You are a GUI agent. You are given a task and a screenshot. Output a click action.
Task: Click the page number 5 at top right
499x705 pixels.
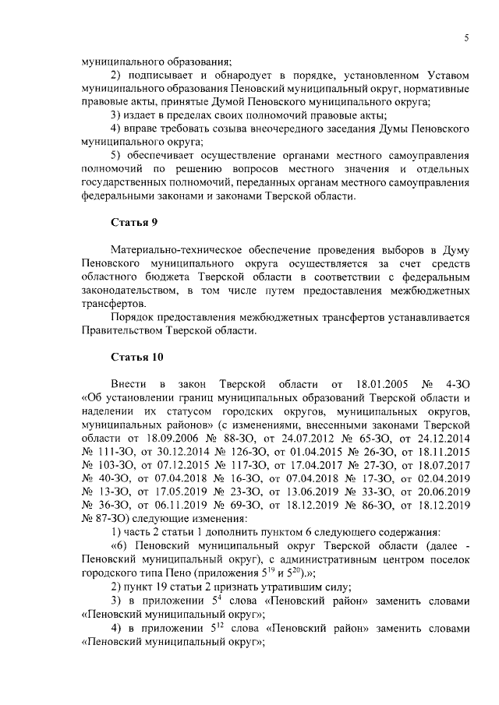465,38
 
